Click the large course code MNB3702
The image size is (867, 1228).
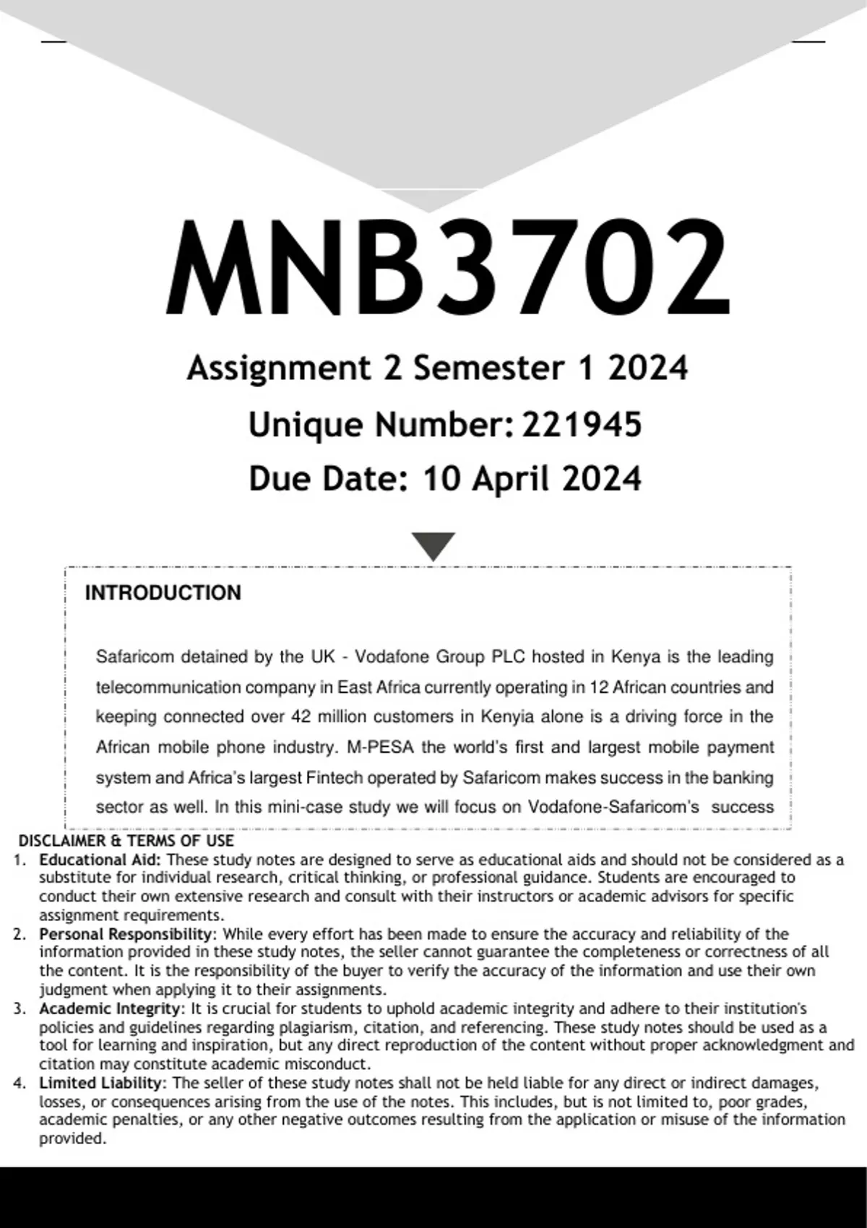point(447,268)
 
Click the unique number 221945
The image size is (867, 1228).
point(582,425)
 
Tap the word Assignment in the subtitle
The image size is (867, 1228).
point(278,368)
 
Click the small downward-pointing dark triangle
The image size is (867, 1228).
point(433,546)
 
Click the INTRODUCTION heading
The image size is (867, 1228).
point(163,593)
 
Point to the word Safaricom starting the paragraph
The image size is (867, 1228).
point(135,657)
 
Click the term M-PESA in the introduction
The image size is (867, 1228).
point(380,747)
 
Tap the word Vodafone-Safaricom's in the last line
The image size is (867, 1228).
point(613,807)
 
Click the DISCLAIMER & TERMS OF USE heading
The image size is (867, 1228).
point(126,841)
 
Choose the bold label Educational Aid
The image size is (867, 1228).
point(100,860)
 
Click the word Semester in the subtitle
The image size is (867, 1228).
point(488,368)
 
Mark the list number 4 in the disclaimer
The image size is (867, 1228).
point(20,1083)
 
